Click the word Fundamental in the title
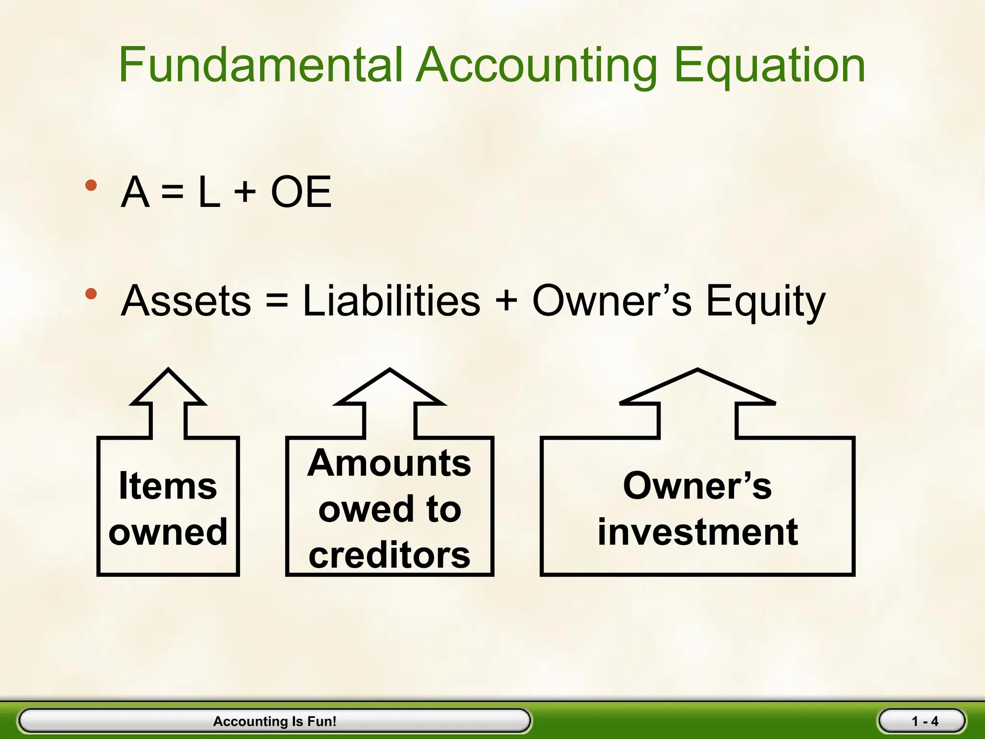(260, 65)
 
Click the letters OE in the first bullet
(301, 192)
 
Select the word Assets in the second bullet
(186, 301)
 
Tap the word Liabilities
(391, 301)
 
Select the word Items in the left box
(168, 486)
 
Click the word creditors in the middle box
(389, 555)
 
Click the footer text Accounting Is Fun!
(275, 721)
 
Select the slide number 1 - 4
(924, 721)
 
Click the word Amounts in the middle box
(389, 463)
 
